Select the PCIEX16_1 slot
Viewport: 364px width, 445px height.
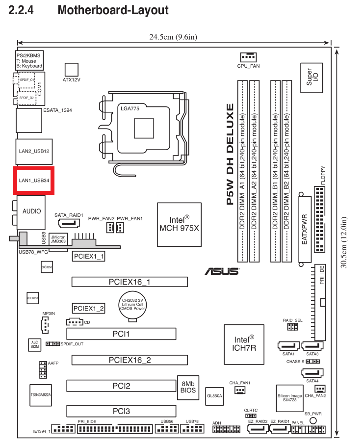pos(130,282)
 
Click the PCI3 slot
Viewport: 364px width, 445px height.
pos(121,411)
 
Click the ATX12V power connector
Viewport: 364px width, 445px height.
pos(72,69)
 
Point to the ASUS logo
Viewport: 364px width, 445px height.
pos(222,271)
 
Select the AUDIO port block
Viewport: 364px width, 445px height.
pos(32,211)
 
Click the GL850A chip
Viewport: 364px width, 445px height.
pos(214,394)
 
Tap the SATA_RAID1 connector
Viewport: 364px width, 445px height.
pos(69,223)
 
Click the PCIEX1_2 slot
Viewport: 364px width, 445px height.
pos(89,308)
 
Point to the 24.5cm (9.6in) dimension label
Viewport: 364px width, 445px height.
pos(174,37)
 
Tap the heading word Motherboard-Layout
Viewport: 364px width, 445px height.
pos(113,10)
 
